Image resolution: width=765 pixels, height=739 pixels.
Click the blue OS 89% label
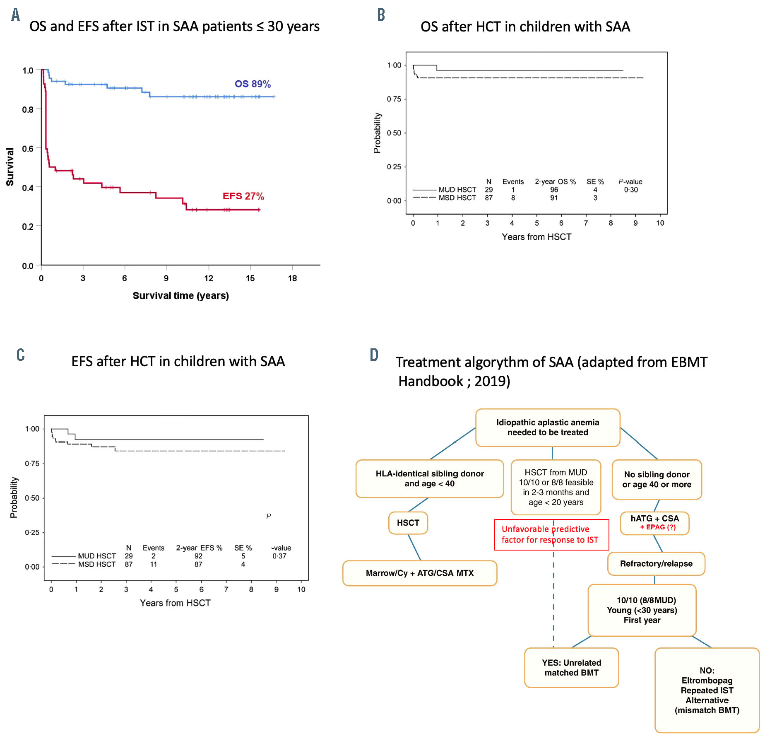click(x=253, y=84)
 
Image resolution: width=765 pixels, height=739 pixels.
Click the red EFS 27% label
click(x=243, y=196)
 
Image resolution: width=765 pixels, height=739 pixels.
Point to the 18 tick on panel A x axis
click(x=292, y=278)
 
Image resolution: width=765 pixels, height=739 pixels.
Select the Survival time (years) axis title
click(x=180, y=295)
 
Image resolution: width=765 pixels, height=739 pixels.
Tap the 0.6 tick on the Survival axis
click(x=28, y=149)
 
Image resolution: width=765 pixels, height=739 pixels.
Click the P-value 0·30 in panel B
click(x=631, y=190)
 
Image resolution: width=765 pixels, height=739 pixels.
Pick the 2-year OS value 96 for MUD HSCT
click(x=554, y=190)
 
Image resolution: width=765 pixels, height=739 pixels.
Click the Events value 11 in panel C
click(x=153, y=564)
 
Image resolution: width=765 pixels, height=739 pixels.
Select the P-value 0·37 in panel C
click(x=279, y=556)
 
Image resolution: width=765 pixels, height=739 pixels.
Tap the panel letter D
click(x=374, y=355)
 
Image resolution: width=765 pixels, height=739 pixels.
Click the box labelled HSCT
click(x=408, y=523)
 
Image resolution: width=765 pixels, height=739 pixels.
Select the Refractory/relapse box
click(x=656, y=563)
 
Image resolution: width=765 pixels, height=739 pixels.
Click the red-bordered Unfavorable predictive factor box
click(x=551, y=534)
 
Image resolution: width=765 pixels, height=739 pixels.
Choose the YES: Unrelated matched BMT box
click(x=571, y=667)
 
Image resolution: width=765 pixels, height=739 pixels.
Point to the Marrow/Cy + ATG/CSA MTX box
click(x=419, y=573)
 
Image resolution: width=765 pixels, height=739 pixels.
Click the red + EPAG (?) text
click(x=658, y=527)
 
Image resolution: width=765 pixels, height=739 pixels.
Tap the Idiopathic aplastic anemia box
click(x=548, y=427)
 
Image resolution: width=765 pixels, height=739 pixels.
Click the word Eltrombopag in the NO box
click(x=707, y=680)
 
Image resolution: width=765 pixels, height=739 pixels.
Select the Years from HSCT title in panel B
click(x=536, y=237)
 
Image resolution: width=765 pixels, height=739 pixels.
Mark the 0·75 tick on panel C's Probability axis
click(x=32, y=464)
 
